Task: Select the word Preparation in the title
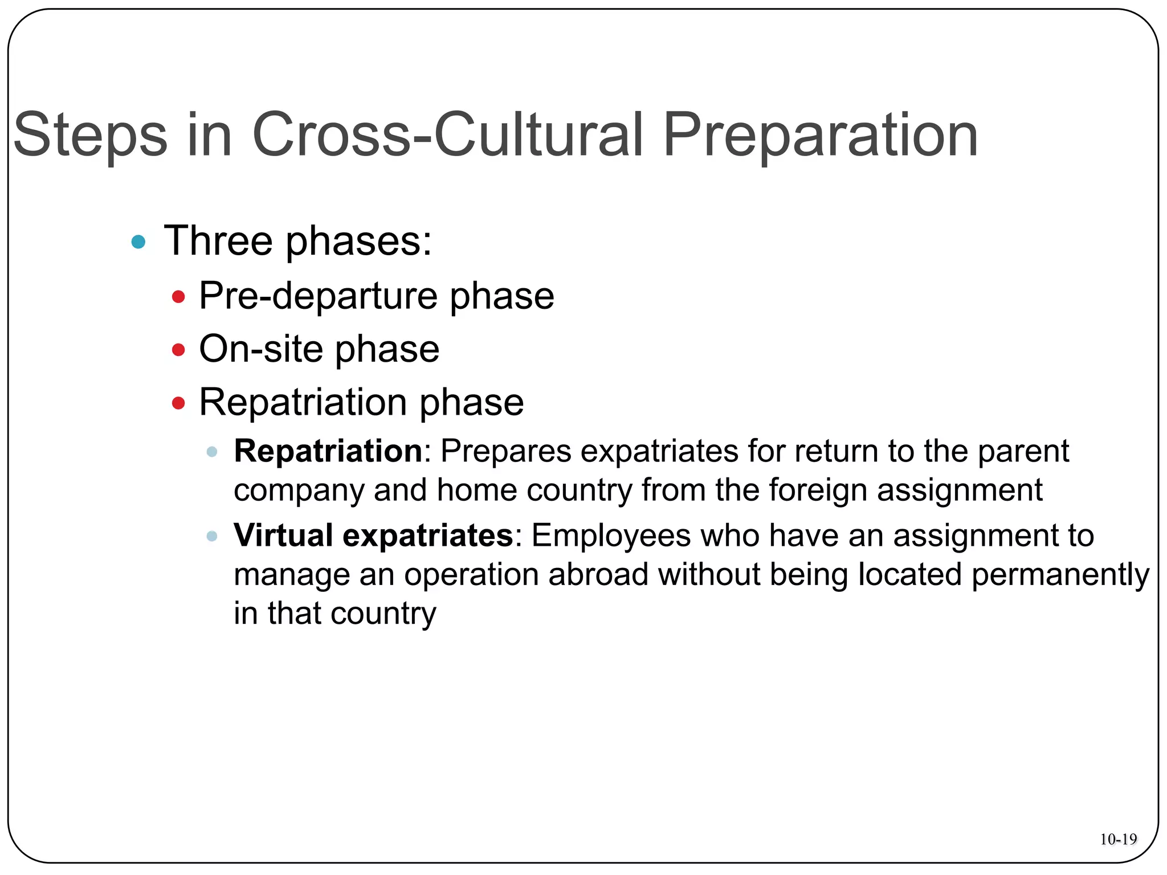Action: coord(821,136)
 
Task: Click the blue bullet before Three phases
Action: coord(138,242)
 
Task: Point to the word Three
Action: coord(219,241)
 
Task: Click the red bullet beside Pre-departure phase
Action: coord(178,297)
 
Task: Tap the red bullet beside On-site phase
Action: coord(178,349)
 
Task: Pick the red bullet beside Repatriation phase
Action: coord(178,403)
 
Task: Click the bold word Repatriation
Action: coord(328,451)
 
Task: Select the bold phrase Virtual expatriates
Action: coord(374,535)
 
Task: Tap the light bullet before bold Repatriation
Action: coord(212,452)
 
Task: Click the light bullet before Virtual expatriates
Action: coord(212,536)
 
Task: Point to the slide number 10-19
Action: coord(1118,839)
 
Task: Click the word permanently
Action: coord(1060,575)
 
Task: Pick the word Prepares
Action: coord(506,451)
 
